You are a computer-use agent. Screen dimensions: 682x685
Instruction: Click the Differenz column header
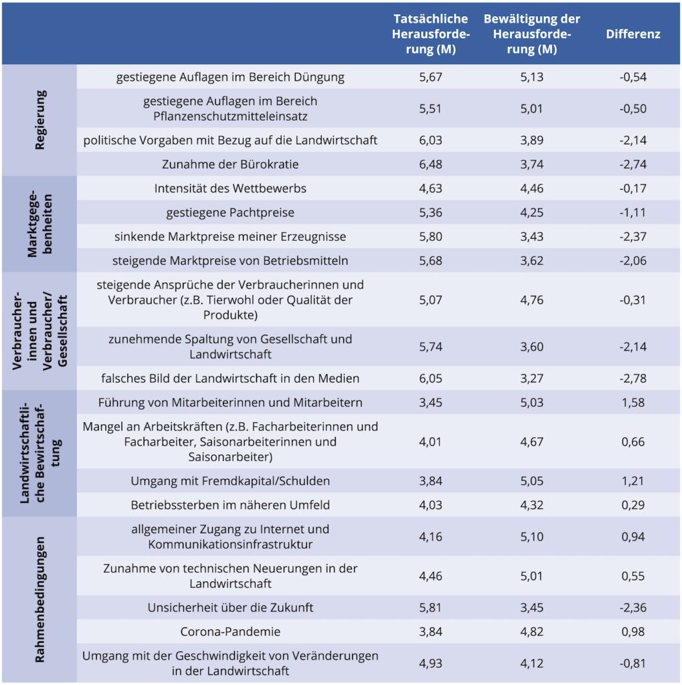(632, 34)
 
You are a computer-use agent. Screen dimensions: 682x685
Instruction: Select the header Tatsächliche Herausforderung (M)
(430, 34)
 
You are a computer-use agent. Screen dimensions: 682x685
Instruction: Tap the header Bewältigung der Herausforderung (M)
(531, 34)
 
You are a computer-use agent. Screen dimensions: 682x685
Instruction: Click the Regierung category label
(39, 120)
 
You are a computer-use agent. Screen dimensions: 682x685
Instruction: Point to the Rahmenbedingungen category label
(39, 599)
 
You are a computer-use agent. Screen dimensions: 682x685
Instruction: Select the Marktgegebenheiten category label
(39, 223)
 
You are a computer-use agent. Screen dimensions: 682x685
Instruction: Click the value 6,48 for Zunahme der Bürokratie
(430, 165)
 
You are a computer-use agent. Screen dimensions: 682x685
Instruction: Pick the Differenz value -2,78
(632, 379)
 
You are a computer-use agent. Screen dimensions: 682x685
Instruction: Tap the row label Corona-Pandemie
(230, 631)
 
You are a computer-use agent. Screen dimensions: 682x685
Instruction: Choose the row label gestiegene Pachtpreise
(230, 213)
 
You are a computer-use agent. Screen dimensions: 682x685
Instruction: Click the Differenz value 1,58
(633, 402)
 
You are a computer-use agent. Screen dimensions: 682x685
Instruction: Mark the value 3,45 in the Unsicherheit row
(531, 607)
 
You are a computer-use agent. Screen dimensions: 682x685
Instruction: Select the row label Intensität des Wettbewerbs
(230, 188)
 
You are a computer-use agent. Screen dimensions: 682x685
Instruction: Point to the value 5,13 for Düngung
(531, 77)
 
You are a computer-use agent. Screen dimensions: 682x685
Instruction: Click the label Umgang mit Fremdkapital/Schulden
(230, 481)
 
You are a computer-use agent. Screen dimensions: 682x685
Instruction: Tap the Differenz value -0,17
(632, 188)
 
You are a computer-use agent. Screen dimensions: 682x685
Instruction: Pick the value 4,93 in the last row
(430, 663)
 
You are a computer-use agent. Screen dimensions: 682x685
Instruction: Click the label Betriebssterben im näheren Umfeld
(230, 505)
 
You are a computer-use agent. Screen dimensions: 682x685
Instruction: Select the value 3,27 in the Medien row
(531, 379)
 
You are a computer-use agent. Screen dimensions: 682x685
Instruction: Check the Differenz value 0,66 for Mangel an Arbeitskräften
(633, 442)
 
